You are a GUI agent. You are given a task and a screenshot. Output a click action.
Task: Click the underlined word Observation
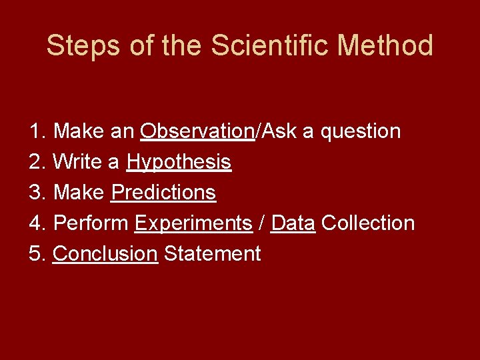pos(197,131)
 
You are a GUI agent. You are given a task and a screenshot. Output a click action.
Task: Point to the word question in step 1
pos(361,131)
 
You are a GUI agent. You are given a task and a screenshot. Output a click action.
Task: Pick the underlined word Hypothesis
pos(179,162)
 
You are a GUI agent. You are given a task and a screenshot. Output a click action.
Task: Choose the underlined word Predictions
pos(163,193)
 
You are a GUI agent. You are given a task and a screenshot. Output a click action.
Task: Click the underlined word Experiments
pos(193,223)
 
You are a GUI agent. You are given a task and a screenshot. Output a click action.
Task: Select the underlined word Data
pos(293,223)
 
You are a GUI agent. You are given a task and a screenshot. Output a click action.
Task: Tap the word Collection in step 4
pos(368,223)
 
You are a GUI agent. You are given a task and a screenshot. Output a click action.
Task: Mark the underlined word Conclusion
pos(105,254)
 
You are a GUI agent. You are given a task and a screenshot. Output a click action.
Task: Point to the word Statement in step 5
pos(212,254)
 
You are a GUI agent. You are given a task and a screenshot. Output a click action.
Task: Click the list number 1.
pos(36,131)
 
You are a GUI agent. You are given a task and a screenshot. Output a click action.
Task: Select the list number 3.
pos(36,193)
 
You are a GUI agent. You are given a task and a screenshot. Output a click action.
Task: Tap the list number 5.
pos(36,254)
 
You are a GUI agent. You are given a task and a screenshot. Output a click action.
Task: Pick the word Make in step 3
pos(79,193)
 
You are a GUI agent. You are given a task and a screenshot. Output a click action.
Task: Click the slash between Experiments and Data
pos(262,223)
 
